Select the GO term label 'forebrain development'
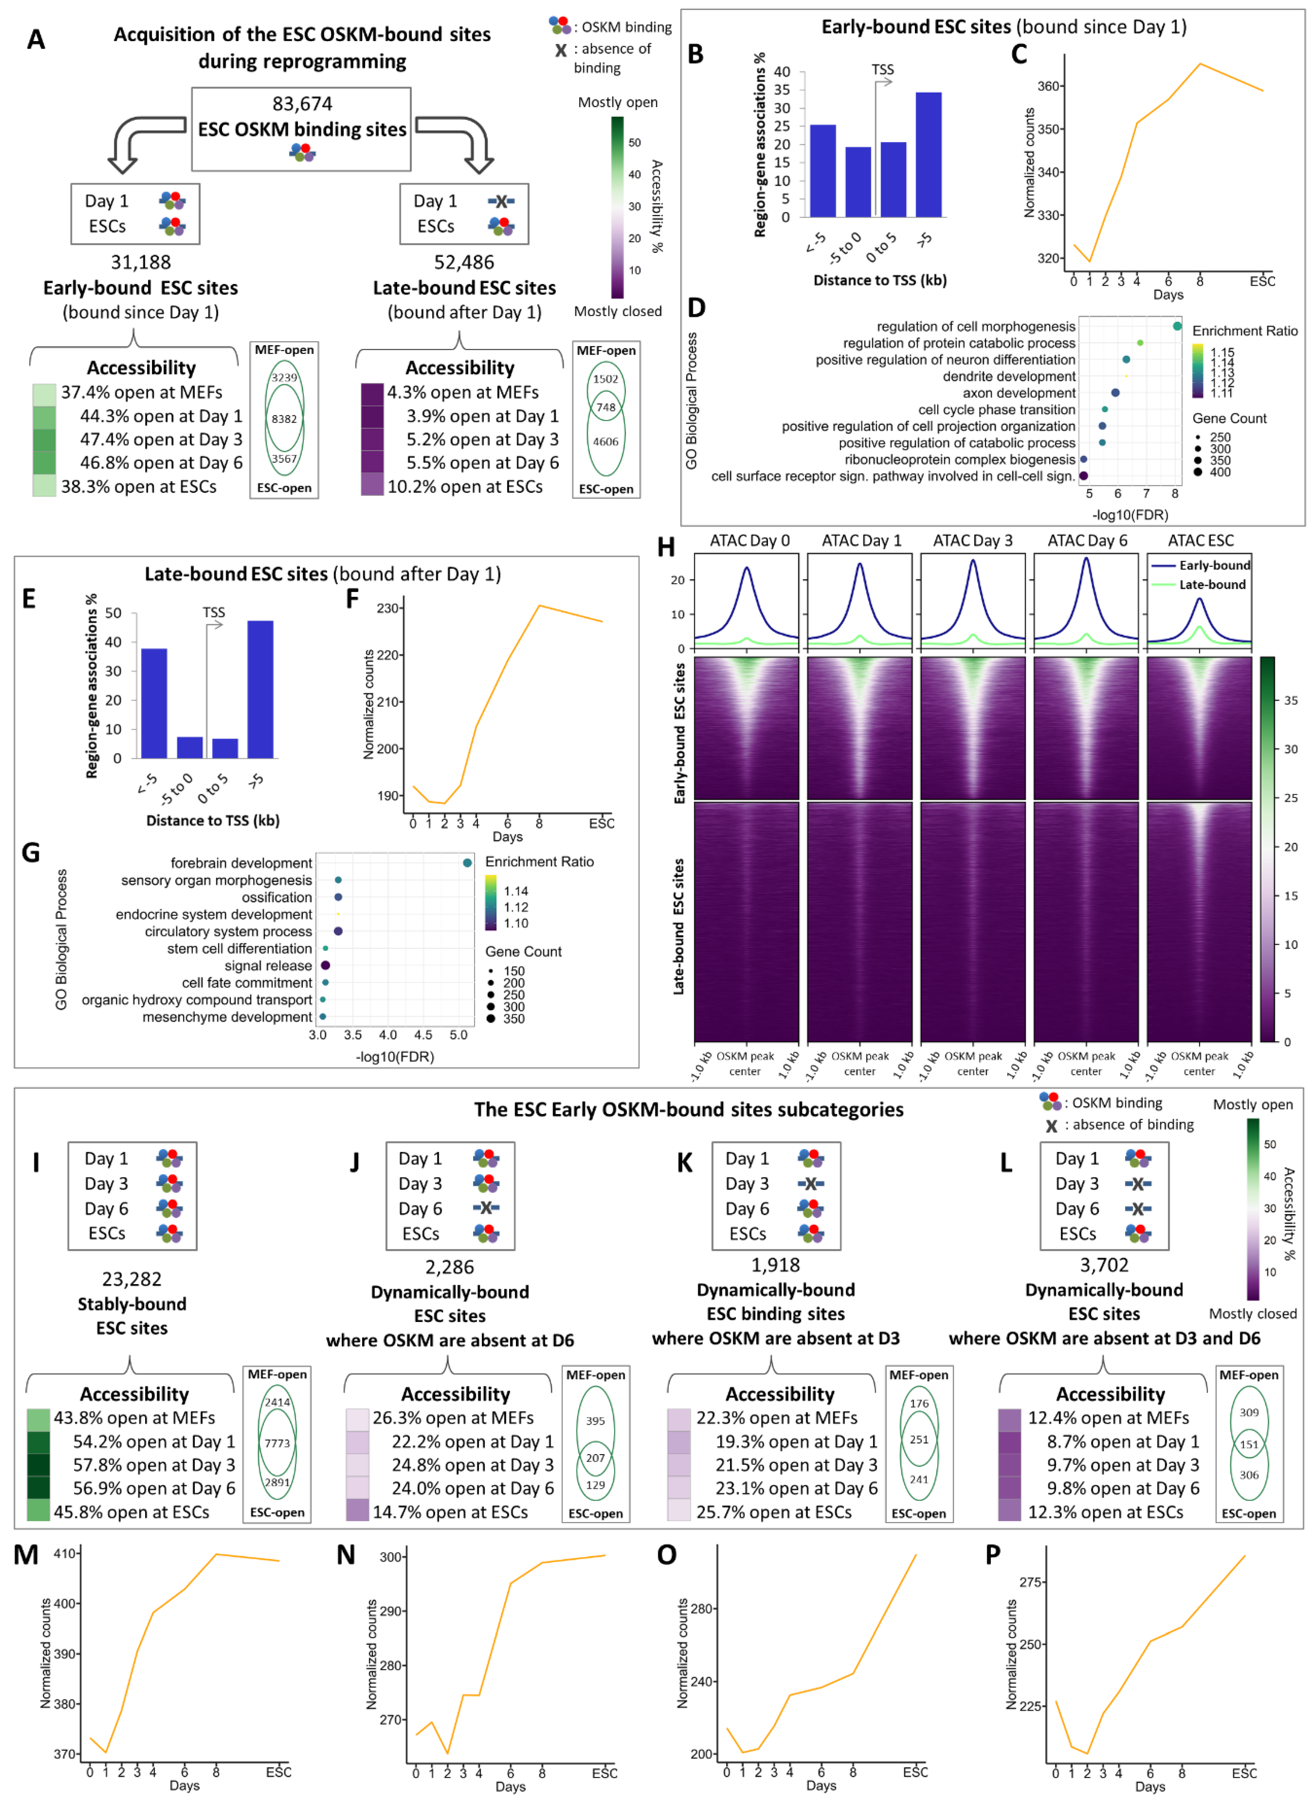tap(241, 863)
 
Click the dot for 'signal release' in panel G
tap(325, 965)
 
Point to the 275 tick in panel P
tap(1030, 1582)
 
